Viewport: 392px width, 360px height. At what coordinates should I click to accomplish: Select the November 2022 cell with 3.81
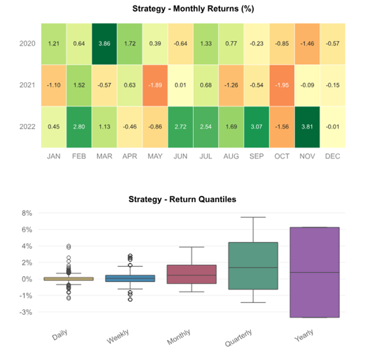pos(307,127)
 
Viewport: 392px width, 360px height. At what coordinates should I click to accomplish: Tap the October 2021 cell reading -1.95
pos(282,85)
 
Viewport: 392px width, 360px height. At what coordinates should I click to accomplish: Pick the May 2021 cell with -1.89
pos(155,85)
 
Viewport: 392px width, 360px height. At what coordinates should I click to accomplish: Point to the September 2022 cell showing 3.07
pos(256,127)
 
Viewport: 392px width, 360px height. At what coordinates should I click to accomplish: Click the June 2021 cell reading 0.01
pos(180,85)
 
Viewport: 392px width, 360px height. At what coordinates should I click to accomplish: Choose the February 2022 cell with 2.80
pos(79,127)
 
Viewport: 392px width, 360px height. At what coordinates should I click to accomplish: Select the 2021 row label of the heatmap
pos(28,85)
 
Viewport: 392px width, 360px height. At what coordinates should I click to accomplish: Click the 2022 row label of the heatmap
pos(28,127)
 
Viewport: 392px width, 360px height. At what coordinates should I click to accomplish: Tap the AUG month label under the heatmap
pos(231,156)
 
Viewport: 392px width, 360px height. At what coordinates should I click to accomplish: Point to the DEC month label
pos(333,156)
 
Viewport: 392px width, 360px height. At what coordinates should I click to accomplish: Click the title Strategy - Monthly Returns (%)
pos(193,9)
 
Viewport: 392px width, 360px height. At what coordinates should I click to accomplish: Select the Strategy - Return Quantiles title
pos(182,200)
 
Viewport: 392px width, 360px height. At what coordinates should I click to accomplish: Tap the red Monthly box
pos(191,274)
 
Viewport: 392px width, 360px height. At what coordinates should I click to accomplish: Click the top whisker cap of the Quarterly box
pos(253,217)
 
